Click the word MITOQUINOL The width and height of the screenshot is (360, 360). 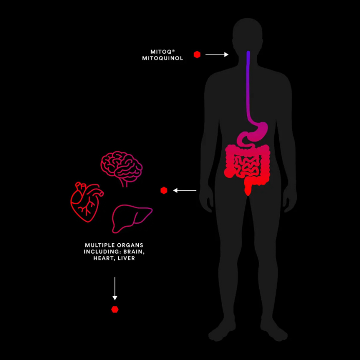click(x=163, y=58)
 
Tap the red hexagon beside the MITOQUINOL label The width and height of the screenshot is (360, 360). click(x=197, y=55)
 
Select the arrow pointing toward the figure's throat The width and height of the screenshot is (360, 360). click(x=217, y=55)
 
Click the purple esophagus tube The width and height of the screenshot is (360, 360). click(x=248, y=82)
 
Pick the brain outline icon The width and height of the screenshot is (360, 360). click(x=121, y=168)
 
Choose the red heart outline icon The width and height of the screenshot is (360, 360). click(x=86, y=202)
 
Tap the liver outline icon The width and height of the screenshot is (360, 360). click(x=132, y=216)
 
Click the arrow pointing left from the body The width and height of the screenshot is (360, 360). click(x=185, y=190)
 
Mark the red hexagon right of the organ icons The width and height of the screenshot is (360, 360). click(x=164, y=190)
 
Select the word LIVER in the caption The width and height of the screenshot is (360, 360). click(x=125, y=258)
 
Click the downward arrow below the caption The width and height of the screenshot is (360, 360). click(x=115, y=288)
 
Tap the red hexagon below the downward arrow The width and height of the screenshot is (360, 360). click(x=115, y=309)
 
